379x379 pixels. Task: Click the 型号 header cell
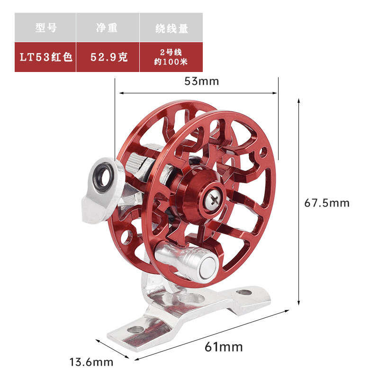click(x=45, y=27)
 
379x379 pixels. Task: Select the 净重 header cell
click(x=108, y=27)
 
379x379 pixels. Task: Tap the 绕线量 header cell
click(x=171, y=27)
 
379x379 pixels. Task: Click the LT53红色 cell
click(x=45, y=57)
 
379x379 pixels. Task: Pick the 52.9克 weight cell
click(x=108, y=57)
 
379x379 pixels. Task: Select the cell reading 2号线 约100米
click(x=171, y=57)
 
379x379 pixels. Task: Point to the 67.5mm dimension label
click(x=326, y=203)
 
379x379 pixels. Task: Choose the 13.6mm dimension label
click(x=91, y=362)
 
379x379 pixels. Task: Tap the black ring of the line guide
click(x=103, y=176)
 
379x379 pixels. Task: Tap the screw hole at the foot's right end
click(x=244, y=292)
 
